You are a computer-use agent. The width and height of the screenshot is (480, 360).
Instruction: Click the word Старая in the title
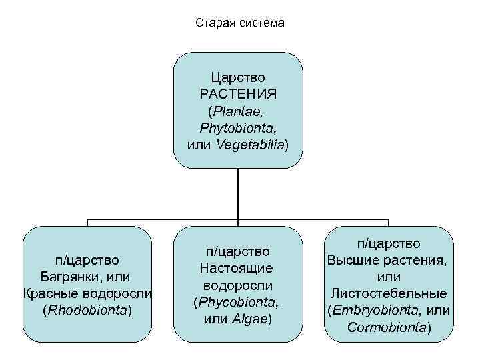[x=213, y=23]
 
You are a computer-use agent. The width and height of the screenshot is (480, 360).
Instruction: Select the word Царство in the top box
[x=238, y=77]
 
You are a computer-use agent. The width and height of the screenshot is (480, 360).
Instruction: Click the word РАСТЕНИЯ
[x=238, y=94]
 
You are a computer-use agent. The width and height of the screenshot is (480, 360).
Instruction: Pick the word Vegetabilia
[x=251, y=144]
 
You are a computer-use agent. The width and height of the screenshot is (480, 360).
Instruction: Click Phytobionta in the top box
[x=238, y=127]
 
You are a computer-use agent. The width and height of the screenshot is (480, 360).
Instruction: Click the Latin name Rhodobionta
[x=87, y=310]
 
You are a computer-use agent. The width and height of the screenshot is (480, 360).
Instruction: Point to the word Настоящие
[x=238, y=269]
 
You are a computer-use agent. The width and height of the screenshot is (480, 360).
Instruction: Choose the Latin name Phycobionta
[x=237, y=302]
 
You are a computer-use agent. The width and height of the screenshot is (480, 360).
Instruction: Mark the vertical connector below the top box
[x=238, y=193]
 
